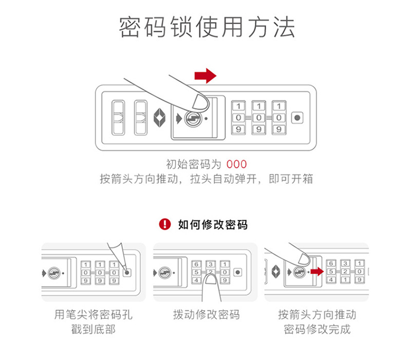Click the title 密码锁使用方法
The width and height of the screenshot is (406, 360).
(x=207, y=27)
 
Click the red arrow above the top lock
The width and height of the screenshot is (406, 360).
(x=205, y=76)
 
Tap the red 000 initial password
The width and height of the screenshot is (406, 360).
(x=237, y=165)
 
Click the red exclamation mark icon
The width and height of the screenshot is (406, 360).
(x=164, y=224)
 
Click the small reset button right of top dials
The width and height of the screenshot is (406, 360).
(x=297, y=118)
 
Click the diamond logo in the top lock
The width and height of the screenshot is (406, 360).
(x=160, y=118)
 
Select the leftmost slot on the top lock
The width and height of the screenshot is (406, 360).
(x=118, y=118)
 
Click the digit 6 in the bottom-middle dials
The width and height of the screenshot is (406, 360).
(x=196, y=264)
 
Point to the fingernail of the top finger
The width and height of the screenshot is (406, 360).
(x=197, y=99)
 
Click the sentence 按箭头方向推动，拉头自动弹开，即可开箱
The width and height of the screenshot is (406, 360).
(x=207, y=179)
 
